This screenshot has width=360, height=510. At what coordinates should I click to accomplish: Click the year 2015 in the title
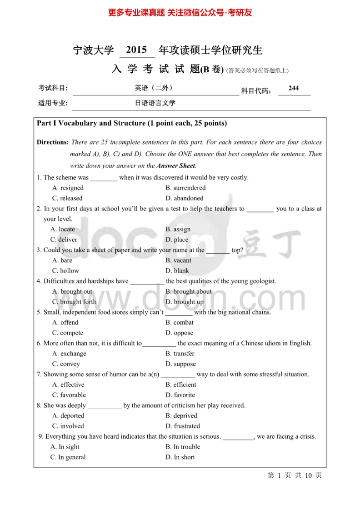136,50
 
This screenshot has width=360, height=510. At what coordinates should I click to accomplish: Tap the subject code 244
294,88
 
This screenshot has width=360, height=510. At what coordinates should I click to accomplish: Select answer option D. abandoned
184,198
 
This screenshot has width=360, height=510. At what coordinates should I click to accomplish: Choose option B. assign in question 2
178,229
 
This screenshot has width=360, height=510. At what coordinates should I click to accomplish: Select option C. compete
68,333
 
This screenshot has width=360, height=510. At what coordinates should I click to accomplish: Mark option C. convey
66,364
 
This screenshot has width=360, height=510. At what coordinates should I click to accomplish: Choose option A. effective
68,385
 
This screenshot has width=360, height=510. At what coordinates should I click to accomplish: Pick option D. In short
180,457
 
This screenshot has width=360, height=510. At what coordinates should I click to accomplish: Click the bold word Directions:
53,142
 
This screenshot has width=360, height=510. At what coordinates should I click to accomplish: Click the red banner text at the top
180,13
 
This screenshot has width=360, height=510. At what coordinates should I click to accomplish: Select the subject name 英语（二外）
150,88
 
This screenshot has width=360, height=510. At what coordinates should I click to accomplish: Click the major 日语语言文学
155,103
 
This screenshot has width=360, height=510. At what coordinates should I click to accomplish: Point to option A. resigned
68,188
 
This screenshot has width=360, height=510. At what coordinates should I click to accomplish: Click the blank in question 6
159,344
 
